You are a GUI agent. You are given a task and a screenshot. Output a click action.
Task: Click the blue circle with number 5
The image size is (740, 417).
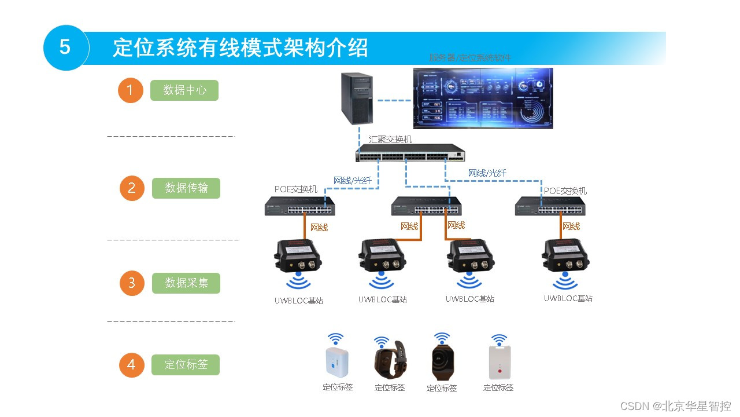(x=65, y=47)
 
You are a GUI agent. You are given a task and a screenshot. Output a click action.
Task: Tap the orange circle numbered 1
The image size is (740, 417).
(x=130, y=90)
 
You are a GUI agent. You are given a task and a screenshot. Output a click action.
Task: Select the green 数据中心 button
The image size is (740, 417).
(x=184, y=90)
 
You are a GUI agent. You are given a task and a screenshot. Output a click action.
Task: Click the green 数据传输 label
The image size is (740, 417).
(x=186, y=188)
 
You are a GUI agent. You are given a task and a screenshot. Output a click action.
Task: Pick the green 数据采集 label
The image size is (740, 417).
(x=186, y=283)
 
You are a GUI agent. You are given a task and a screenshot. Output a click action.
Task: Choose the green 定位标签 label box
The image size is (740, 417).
(x=186, y=365)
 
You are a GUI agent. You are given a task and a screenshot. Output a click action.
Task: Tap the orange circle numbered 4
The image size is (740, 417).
(x=131, y=365)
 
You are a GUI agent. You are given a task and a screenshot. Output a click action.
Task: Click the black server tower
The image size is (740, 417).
(x=356, y=98)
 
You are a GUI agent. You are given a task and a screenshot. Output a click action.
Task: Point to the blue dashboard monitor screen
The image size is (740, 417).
(x=483, y=98)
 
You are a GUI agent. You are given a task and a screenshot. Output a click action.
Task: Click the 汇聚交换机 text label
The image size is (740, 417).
(x=391, y=140)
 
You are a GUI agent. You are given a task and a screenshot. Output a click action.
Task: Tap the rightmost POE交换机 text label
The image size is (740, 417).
(x=565, y=191)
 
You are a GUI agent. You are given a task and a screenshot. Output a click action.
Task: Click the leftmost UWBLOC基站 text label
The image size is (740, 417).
(x=299, y=301)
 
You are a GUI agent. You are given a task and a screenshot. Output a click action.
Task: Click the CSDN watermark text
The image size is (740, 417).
(x=675, y=406)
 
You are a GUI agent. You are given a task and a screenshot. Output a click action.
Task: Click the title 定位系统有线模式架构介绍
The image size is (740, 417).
(x=240, y=47)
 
